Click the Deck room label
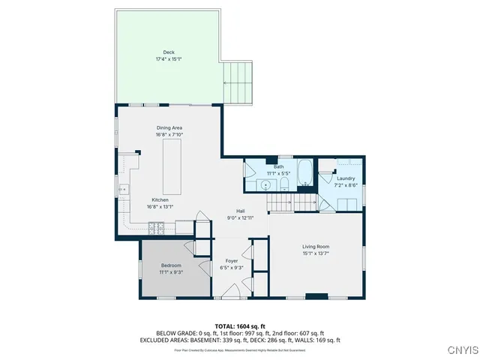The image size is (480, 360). pyautogui.click(x=169, y=52)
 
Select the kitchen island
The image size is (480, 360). pyautogui.click(x=169, y=165)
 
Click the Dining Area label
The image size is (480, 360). pyautogui.click(x=169, y=128)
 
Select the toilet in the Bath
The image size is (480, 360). pyautogui.click(x=284, y=187)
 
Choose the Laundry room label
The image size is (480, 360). pyautogui.click(x=346, y=178)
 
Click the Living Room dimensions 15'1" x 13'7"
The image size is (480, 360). pyautogui.click(x=316, y=253)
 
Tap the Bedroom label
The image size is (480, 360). pyautogui.click(x=171, y=265)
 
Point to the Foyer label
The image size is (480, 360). pyautogui.click(x=232, y=260)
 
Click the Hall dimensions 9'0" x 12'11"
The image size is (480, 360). pyautogui.click(x=241, y=217)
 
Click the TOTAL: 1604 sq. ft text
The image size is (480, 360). pyautogui.click(x=239, y=325)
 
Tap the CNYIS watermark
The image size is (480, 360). pyautogui.click(x=460, y=350)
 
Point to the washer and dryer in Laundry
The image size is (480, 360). pyautogui.click(x=346, y=204)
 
